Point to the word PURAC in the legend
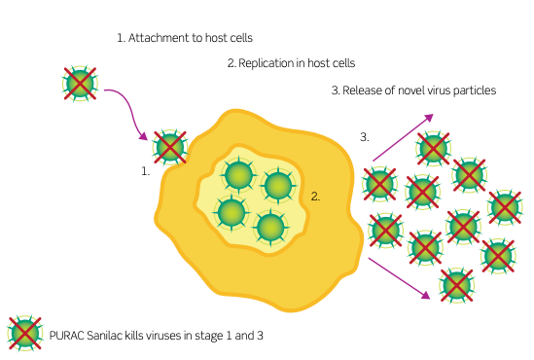[x=67, y=336]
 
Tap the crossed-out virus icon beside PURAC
[x=25, y=333]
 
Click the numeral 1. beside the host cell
[x=146, y=171]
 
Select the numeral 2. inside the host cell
[x=315, y=197]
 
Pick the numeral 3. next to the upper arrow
[x=365, y=137]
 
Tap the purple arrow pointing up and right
[x=404, y=137]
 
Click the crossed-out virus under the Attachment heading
[x=80, y=84]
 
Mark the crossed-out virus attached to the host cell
[x=170, y=148]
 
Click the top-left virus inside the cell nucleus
[x=239, y=175]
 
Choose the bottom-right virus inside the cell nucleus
[x=270, y=227]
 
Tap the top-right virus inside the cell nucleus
[x=278, y=186]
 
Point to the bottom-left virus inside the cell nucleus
[x=231, y=212]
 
